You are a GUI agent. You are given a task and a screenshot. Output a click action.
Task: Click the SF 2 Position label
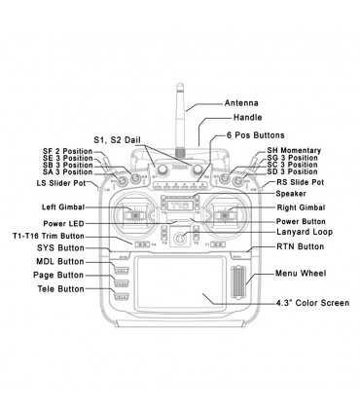[x=67, y=151]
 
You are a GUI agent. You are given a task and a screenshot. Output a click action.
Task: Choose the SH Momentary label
[x=292, y=150]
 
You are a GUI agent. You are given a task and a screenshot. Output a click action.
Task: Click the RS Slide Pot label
[x=302, y=182]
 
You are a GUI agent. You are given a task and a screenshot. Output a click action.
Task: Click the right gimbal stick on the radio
[x=227, y=215]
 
